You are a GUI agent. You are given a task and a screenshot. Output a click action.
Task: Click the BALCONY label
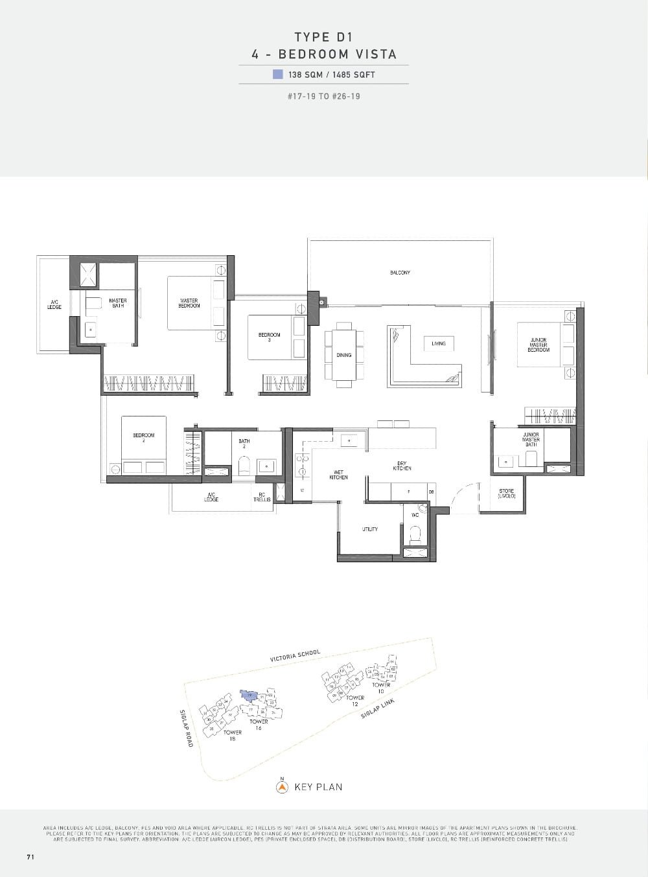tap(400, 273)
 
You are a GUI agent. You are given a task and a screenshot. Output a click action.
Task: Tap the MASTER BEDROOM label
tap(189, 303)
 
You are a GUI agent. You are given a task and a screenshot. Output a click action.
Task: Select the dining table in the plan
tap(343, 355)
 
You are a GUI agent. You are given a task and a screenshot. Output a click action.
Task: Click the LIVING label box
tap(439, 343)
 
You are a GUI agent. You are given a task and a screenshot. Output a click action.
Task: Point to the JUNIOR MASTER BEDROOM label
tap(538, 345)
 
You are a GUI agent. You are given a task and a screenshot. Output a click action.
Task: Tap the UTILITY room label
tap(370, 529)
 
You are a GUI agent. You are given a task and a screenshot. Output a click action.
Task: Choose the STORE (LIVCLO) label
tap(507, 494)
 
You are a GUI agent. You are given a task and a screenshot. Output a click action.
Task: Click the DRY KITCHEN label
tap(402, 466)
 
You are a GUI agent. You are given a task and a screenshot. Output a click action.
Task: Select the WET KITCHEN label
tap(338, 475)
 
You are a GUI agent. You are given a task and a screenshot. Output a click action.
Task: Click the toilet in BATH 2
tap(244, 466)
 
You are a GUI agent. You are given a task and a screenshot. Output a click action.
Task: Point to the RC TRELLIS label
tap(262, 497)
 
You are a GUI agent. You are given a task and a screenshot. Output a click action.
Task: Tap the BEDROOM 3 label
tap(269, 337)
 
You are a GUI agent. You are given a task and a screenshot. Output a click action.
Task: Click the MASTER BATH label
tap(118, 302)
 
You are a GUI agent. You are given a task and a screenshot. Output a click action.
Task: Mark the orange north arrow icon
tap(282, 788)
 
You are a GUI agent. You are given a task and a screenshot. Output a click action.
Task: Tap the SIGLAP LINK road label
tap(378, 714)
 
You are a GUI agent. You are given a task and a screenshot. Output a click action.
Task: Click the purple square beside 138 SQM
tap(278, 74)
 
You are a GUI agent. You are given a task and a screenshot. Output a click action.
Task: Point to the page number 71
tap(30, 857)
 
